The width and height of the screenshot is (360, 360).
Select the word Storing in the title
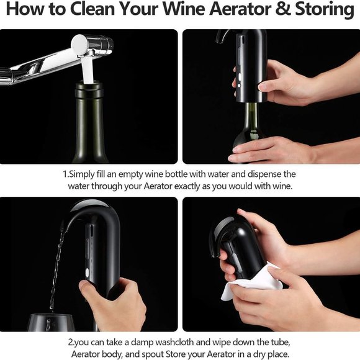tap(326, 11)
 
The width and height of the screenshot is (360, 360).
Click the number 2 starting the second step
tap(70, 342)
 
